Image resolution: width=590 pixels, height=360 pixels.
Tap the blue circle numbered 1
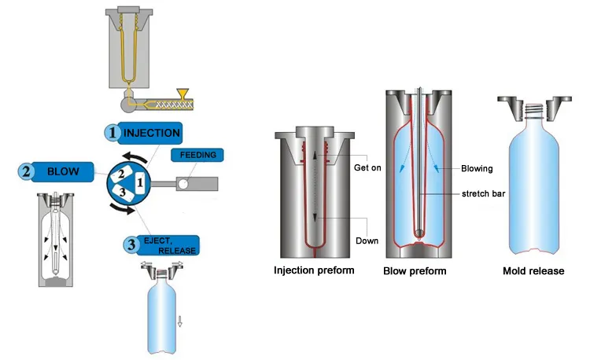112,133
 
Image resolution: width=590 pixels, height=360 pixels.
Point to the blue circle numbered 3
131,244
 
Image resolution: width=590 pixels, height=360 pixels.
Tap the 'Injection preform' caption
314,271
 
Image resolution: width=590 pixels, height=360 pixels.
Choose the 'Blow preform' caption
415,271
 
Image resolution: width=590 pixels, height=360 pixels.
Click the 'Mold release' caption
533,271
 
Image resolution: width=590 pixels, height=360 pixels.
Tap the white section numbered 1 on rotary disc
140,182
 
